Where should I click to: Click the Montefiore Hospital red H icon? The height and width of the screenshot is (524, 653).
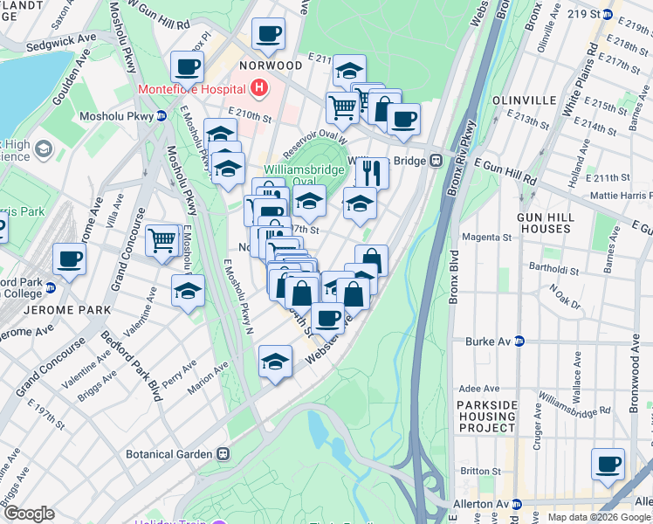pyautogui.click(x=258, y=88)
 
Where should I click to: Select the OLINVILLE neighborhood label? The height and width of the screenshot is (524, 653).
pyautogui.click(x=525, y=100)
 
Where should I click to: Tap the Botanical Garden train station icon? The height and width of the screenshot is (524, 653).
pyautogui.click(x=224, y=454)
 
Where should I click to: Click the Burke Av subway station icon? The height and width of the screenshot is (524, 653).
pyautogui.click(x=519, y=341)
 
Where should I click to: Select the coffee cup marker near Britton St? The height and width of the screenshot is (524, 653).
pyautogui.click(x=608, y=464)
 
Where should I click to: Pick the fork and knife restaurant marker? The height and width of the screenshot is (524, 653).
pyautogui.click(x=372, y=172)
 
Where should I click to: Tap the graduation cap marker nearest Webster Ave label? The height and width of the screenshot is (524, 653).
pyautogui.click(x=275, y=362)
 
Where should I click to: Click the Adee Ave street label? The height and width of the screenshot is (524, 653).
pyautogui.click(x=478, y=388)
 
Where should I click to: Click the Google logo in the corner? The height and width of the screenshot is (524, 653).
pyautogui.click(x=29, y=513)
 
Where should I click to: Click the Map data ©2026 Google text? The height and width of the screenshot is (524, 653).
pyautogui.click(x=599, y=517)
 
